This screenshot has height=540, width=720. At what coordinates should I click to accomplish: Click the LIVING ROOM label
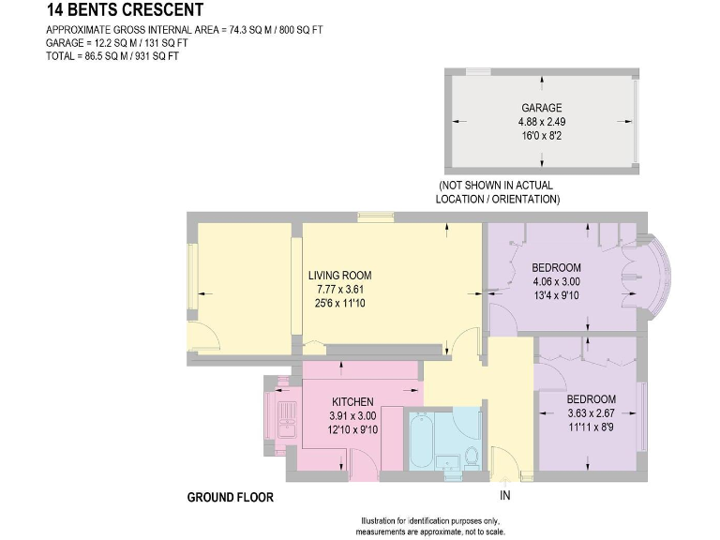click(340, 276)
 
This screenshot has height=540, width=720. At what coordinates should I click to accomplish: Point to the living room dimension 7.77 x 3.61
click(340, 290)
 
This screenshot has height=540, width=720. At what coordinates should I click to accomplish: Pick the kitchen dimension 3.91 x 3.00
click(352, 416)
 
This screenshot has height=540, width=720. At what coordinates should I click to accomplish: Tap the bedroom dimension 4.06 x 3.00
click(556, 281)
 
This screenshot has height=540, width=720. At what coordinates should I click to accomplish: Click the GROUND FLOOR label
click(230, 497)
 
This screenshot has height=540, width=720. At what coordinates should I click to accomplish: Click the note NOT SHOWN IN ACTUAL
click(497, 186)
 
